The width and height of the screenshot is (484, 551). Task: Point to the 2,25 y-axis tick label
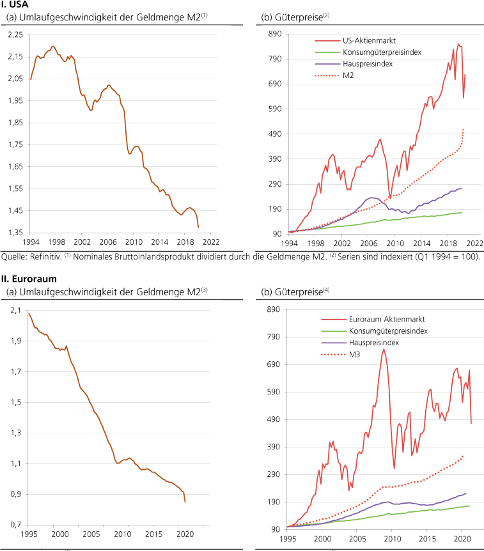click(x=15, y=34)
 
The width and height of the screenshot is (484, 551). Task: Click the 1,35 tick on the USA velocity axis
click(x=15, y=232)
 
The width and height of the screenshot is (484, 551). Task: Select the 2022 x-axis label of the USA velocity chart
click(x=211, y=244)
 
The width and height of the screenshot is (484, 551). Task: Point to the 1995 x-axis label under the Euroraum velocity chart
click(x=29, y=534)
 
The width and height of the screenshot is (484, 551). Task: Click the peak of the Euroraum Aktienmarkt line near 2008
click(x=384, y=349)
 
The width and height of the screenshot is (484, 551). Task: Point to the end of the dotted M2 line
click(x=462, y=129)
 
